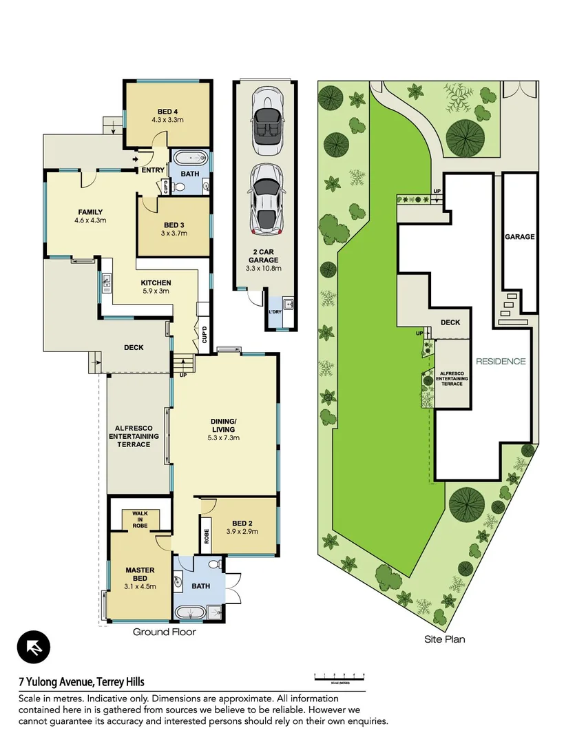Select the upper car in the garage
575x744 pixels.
click(265, 122)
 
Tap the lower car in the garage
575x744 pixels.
click(265, 198)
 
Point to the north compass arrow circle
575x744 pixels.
click(34, 648)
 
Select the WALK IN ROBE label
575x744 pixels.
click(140, 520)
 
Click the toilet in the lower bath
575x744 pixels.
click(215, 565)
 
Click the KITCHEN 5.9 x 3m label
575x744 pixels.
click(156, 287)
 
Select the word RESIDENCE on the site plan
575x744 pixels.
click(501, 361)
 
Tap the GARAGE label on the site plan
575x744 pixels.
click(519, 236)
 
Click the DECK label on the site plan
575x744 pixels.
click(450, 322)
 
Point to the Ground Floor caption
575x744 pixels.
click(164, 631)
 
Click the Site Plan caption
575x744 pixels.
click(444, 639)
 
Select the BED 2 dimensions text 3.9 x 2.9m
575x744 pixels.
click(242, 532)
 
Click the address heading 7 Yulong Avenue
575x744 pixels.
click(81, 682)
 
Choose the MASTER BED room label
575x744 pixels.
click(140, 574)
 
